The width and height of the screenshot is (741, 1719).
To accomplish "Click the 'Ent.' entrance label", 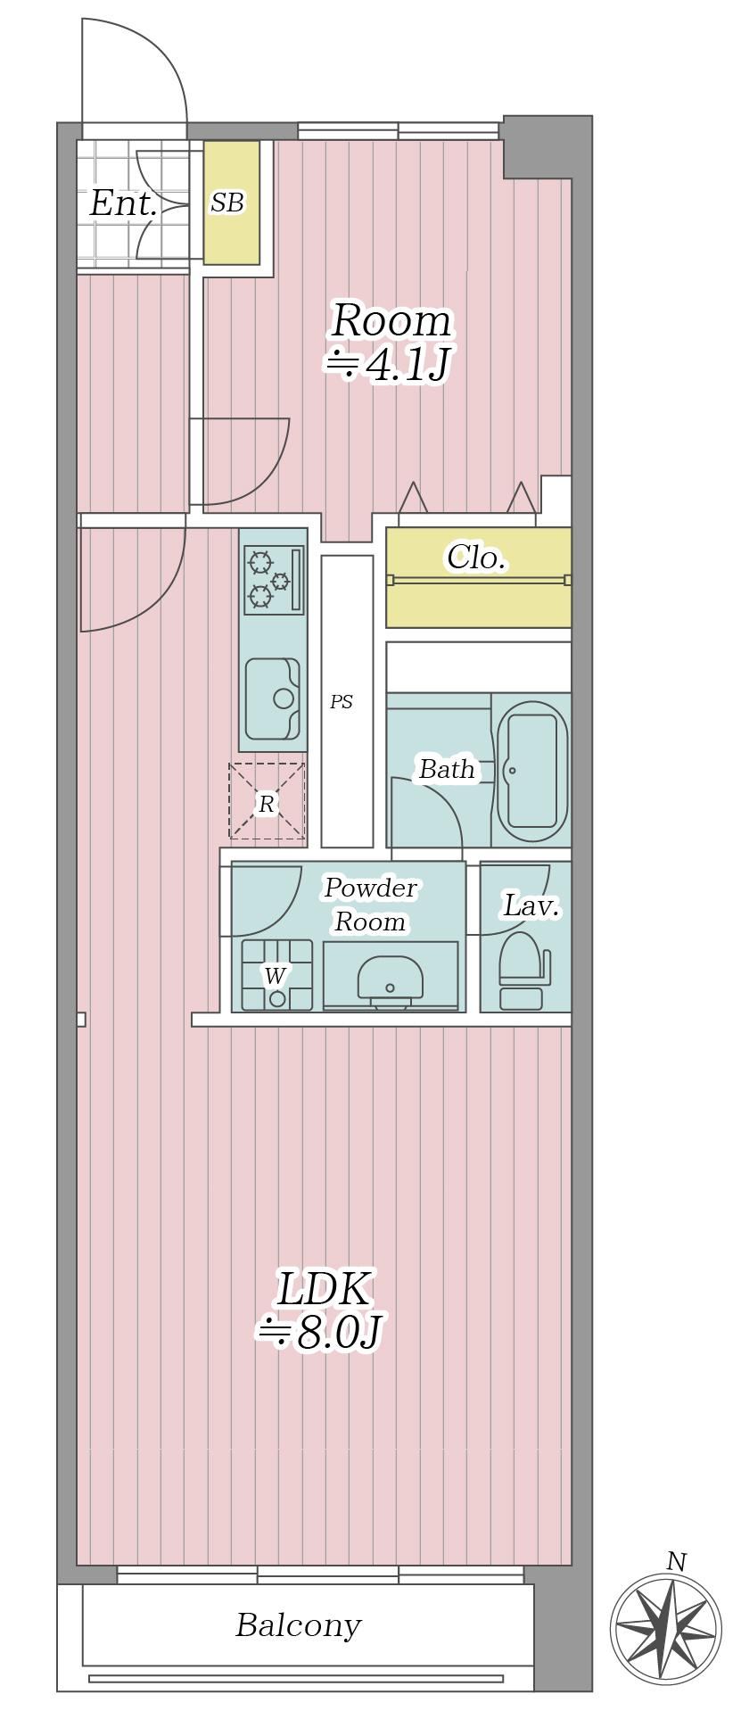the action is coord(123,204).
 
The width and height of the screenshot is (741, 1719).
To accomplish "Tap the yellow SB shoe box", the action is coord(232,202).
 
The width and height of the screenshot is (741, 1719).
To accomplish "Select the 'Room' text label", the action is coord(391,320).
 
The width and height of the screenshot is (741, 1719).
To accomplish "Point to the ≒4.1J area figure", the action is coord(386,365).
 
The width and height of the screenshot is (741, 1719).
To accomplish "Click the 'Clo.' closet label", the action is coord(476,558).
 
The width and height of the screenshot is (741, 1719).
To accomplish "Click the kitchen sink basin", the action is coord(273,698).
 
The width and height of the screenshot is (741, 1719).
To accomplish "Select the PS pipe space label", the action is coord(342,702).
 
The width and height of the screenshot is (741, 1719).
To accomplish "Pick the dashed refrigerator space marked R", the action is coord(267,801).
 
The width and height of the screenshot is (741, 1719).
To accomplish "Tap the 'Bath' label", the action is coord(447,769).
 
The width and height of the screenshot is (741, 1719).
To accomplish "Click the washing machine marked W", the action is coord(276,974).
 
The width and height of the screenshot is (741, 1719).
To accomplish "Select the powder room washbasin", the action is coord(390,979).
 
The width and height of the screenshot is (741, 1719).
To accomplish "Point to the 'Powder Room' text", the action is coord(370,905).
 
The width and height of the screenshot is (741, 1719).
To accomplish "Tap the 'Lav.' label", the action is coord(531,905).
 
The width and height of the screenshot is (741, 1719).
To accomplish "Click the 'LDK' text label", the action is coord(323,1289).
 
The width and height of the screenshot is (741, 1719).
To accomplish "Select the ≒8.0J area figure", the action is coord(320,1333).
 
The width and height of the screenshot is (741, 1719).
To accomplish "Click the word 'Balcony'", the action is coord(298,1625).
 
